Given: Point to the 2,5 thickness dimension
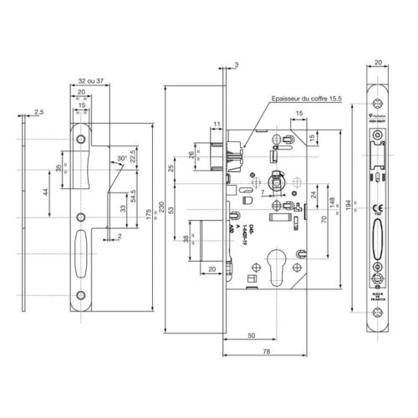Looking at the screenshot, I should [x=39, y=109].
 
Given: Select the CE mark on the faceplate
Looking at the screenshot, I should [x=377, y=210].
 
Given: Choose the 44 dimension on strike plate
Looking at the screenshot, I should [x=48, y=192].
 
